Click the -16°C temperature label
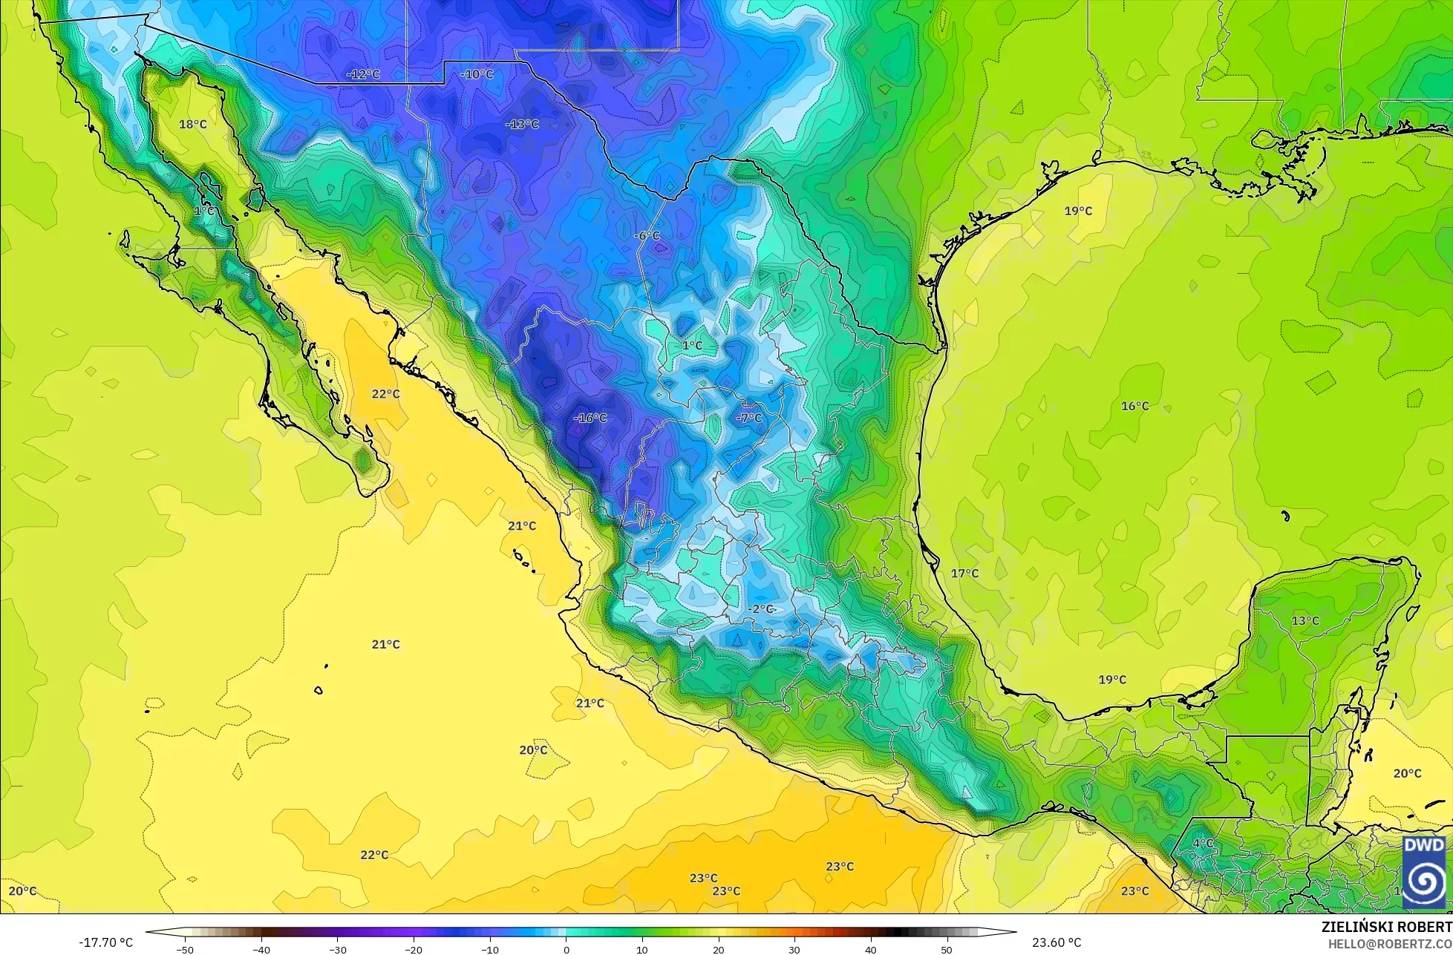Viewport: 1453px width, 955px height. point(590,419)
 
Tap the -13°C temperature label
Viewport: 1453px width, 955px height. point(522,124)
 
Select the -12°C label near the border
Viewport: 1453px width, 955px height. point(363,74)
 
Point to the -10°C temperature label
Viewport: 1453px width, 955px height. point(477,74)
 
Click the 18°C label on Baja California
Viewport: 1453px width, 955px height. point(193,124)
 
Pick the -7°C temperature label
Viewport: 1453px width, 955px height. point(748,419)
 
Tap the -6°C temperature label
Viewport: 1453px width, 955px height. point(647,236)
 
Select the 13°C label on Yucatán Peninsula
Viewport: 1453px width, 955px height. point(1305,620)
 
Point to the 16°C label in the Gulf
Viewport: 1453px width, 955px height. point(1134,406)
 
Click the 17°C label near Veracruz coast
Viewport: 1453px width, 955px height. point(964,574)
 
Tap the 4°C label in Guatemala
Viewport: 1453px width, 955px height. point(1203,844)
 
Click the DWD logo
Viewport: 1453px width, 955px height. point(1424,872)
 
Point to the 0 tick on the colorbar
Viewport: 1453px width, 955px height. point(566,949)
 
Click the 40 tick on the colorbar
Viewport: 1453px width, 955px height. point(870,949)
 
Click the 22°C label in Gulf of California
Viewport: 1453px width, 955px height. point(385,393)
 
